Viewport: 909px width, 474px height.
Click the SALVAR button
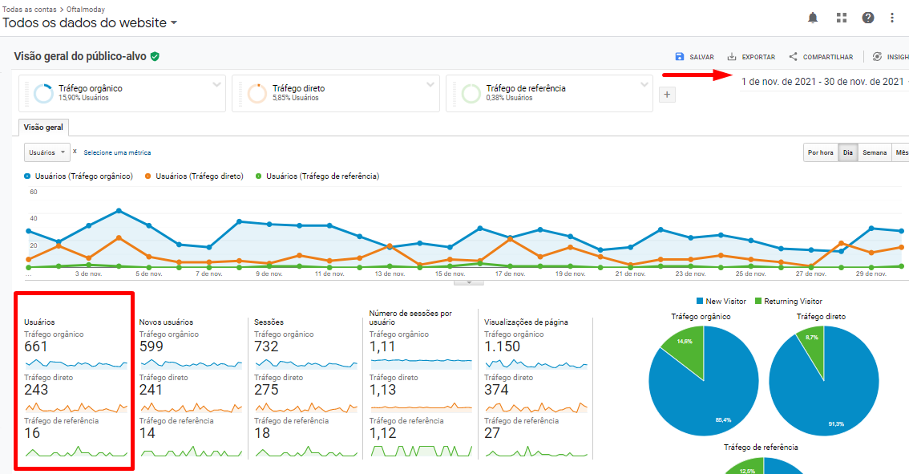coord(694,57)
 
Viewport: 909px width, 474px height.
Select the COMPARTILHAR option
coord(821,57)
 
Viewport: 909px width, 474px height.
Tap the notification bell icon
coord(813,18)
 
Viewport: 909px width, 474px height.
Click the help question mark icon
coord(868,18)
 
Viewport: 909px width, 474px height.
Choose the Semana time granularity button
coord(875,152)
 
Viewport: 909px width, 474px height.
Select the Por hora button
coord(821,152)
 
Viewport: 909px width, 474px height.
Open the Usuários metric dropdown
coord(46,152)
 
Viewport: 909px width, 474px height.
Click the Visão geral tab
coord(43,128)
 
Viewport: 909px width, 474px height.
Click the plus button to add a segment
coord(667,95)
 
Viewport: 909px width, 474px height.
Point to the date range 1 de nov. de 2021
coord(822,82)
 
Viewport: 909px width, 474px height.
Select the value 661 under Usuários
coord(36,346)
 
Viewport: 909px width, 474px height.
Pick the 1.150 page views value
coord(502,346)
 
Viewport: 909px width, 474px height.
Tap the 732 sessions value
coord(266,346)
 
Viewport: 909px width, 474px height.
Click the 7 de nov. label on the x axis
coord(209,273)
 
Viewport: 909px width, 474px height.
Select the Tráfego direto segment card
coord(335,93)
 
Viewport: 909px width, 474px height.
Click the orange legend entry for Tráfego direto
coord(195,176)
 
